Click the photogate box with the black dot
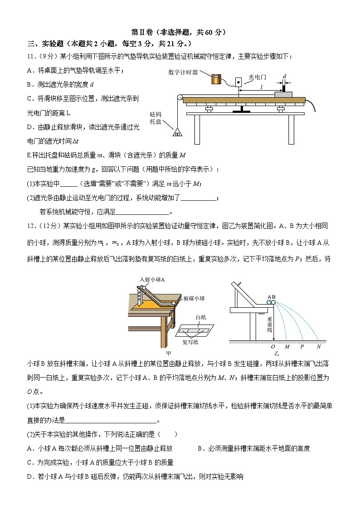click(x=238, y=83)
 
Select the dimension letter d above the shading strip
click(x=284, y=76)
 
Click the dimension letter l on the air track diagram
click(x=261, y=86)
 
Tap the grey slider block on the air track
click(x=283, y=93)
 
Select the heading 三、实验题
click(x=46, y=44)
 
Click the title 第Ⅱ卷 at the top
click(x=141, y=32)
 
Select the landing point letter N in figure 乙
click(x=319, y=347)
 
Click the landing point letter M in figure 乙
click(x=287, y=347)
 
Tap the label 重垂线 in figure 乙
click(x=269, y=325)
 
